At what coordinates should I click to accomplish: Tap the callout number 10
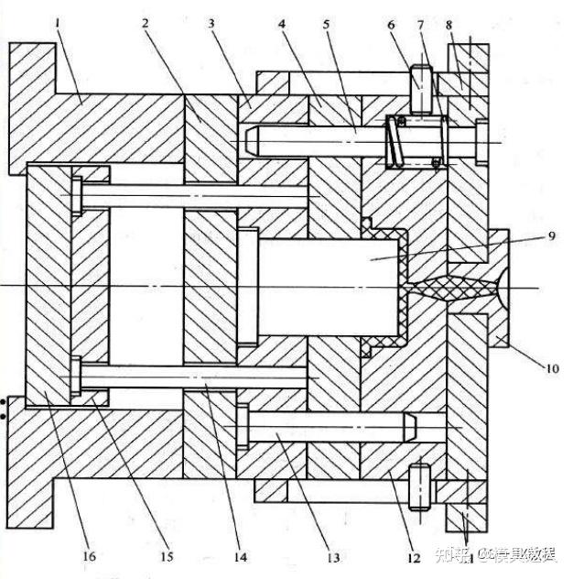click(552, 369)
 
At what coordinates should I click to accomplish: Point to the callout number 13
click(331, 557)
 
